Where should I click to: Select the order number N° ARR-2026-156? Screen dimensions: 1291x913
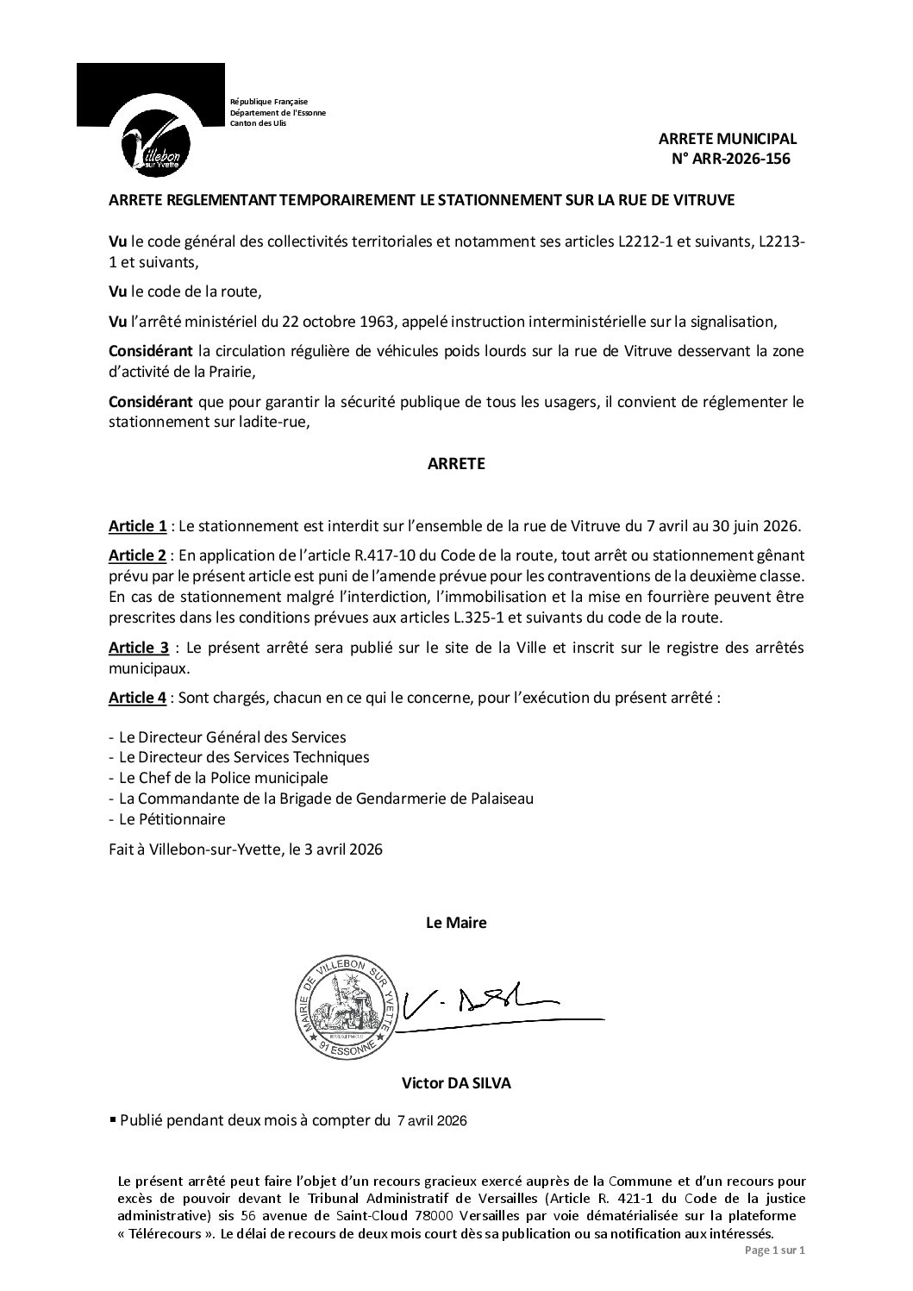coord(730,159)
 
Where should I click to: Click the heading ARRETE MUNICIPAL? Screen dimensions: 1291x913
coord(728,139)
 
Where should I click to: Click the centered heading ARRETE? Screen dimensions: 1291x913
coord(456,464)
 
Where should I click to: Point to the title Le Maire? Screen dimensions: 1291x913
coord(456,923)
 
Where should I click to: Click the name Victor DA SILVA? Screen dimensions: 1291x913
coord(456,1083)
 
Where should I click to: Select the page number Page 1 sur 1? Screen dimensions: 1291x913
coord(772,1250)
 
